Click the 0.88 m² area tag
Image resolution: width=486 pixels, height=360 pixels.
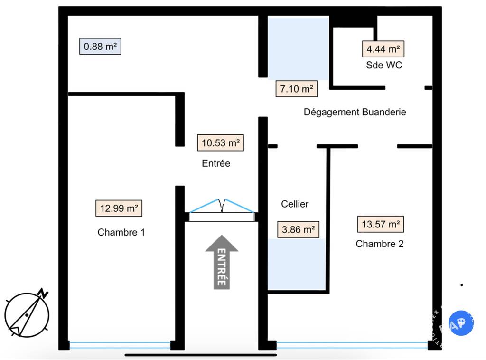[100, 46]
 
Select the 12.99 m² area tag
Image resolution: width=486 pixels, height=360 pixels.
[119, 208]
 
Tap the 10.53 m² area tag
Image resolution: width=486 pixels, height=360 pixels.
[220, 142]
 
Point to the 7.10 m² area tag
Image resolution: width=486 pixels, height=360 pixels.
[297, 89]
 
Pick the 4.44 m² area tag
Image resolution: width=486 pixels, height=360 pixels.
[383, 49]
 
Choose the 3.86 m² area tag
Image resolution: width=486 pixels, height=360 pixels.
[298, 229]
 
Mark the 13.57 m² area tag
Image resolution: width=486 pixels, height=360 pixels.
[381, 224]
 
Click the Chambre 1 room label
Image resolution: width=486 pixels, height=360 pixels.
[121, 232]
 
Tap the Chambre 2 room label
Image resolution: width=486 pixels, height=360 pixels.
[380, 244]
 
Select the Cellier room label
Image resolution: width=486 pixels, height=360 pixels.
[295, 204]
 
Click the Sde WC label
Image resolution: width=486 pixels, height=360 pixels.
[384, 65]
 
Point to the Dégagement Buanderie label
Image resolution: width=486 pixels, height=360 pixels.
[355, 112]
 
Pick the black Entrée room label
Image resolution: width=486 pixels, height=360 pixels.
[216, 163]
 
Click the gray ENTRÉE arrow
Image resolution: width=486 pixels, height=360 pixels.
[222, 262]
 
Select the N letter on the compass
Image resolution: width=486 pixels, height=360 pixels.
[43, 293]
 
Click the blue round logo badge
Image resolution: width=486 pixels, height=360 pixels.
[461, 323]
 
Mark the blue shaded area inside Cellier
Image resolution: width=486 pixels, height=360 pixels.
[297, 264]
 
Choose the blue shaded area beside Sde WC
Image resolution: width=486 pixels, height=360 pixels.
[298, 48]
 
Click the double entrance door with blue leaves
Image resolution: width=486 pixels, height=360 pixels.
[222, 210]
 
